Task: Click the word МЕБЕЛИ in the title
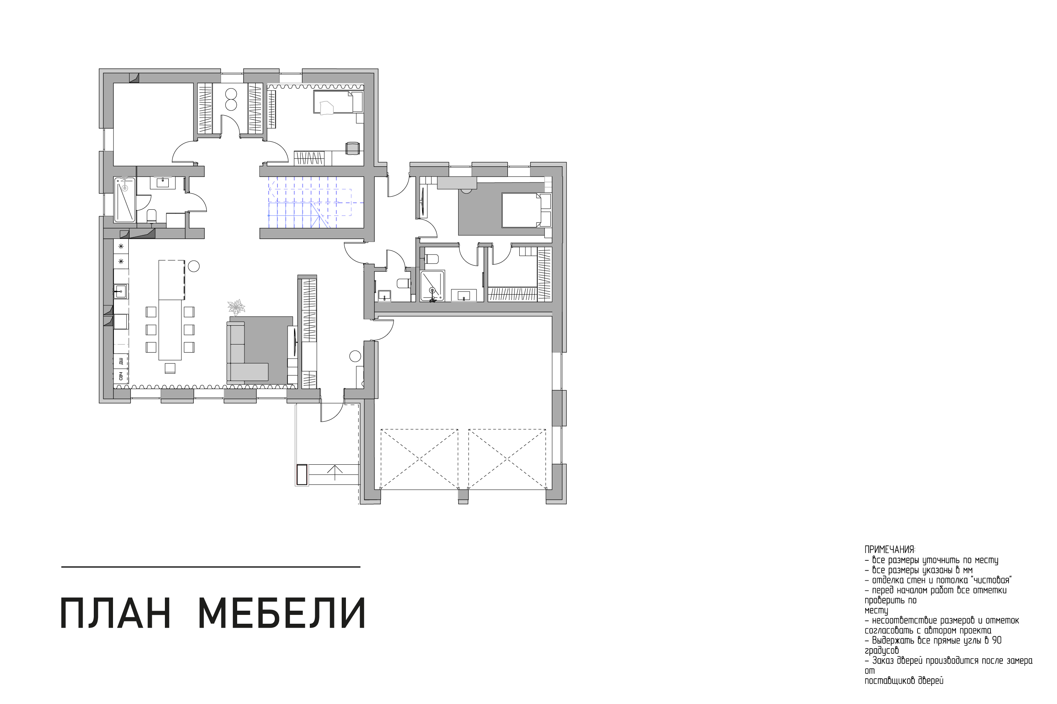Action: (282, 614)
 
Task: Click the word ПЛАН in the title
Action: (115, 614)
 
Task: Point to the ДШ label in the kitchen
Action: (121, 361)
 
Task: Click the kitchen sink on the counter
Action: (121, 292)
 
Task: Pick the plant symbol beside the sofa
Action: (236, 308)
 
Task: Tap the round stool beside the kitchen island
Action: (194, 266)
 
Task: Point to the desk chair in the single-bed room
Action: (352, 148)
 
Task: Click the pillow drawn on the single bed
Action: (327, 108)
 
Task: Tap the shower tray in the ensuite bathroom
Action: (432, 285)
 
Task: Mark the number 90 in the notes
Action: (997, 641)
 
